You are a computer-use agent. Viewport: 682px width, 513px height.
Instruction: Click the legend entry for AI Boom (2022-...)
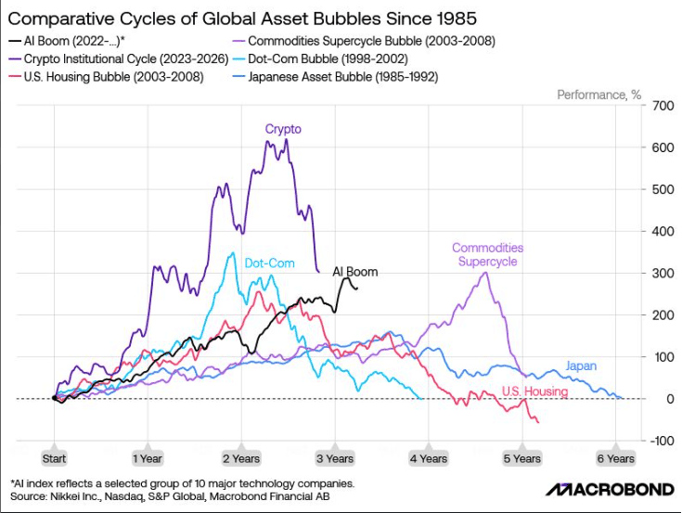click(x=67, y=42)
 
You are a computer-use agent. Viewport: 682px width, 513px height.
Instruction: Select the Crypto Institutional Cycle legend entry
click(x=119, y=59)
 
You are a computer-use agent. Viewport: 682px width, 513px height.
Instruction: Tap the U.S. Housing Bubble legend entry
click(x=106, y=77)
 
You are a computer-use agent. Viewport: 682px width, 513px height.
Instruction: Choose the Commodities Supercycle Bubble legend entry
click(x=364, y=42)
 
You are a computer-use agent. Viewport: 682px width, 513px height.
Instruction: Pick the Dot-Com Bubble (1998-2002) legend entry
click(x=320, y=59)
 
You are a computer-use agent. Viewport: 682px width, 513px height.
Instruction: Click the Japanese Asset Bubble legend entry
click(x=335, y=77)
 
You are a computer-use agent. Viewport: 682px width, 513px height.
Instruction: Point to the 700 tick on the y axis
click(x=663, y=106)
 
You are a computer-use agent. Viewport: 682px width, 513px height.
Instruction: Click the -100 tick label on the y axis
click(x=662, y=441)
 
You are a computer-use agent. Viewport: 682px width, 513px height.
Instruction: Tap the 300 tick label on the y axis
click(x=663, y=274)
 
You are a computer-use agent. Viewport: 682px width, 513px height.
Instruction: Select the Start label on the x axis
click(x=54, y=458)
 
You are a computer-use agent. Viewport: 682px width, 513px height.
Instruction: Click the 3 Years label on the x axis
click(x=335, y=458)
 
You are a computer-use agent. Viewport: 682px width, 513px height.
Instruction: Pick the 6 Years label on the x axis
click(x=615, y=458)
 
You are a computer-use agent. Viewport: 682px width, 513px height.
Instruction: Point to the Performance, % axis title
click(x=598, y=95)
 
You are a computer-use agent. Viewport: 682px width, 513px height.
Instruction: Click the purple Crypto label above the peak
click(x=283, y=129)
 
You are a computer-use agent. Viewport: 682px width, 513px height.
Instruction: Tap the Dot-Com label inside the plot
click(x=270, y=263)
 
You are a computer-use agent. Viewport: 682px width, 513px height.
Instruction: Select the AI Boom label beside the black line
click(x=354, y=272)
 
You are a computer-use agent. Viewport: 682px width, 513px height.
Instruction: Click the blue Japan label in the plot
click(x=581, y=366)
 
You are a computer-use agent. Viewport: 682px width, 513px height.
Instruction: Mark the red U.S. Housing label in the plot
click(x=535, y=391)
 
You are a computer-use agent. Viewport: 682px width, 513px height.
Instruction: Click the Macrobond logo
click(x=610, y=490)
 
